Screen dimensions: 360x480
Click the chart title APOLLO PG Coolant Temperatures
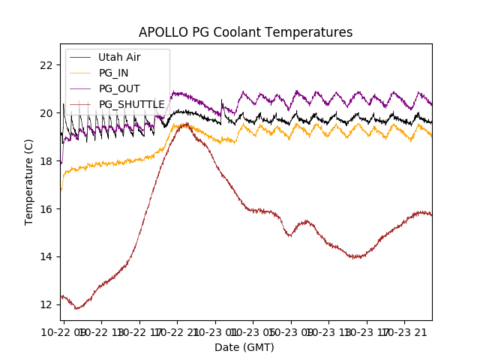click(245, 32)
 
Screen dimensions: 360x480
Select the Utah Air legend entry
click(119, 57)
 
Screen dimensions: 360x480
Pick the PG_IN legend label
click(113, 73)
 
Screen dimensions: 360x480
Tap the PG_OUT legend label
click(118, 88)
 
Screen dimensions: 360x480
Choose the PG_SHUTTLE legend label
click(131, 104)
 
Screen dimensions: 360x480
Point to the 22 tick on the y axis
click(46, 65)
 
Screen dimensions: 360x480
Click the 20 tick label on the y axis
click(46, 113)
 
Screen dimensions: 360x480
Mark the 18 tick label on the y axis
click(46, 161)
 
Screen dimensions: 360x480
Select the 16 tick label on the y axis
click(46, 209)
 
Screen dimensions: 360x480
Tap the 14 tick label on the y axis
click(46, 257)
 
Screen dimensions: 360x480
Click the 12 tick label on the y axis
click(46, 305)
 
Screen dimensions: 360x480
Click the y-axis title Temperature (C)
click(29, 182)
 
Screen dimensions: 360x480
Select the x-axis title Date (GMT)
click(244, 347)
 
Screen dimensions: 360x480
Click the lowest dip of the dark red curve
click(77, 307)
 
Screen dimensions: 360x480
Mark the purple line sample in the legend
click(80, 88)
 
